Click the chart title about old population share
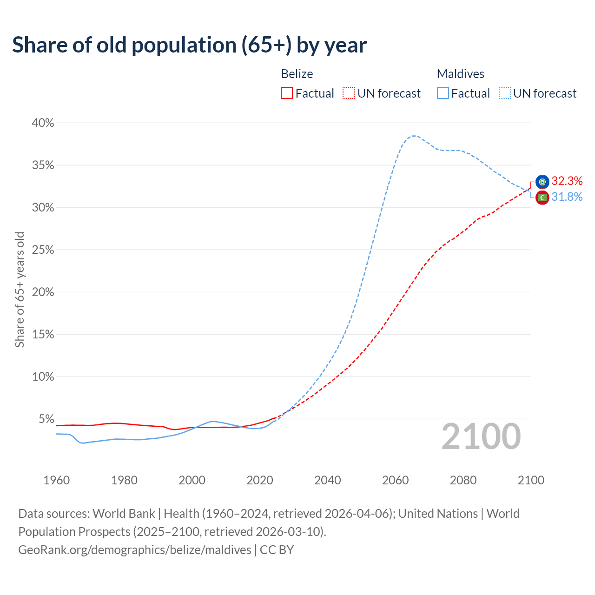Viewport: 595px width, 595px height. (x=189, y=45)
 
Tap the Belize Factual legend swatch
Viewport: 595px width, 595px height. (x=287, y=93)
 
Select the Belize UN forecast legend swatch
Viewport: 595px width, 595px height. (x=349, y=93)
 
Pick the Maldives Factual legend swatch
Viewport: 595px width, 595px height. (x=443, y=93)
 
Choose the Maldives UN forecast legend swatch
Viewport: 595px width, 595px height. (x=504, y=93)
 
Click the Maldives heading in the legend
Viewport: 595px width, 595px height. (x=460, y=74)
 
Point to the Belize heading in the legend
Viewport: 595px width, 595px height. (x=297, y=74)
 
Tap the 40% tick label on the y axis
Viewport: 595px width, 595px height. (x=43, y=123)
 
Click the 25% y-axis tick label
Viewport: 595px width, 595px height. (x=43, y=250)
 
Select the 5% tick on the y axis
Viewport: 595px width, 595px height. (x=46, y=419)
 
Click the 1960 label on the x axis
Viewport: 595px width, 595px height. (x=56, y=480)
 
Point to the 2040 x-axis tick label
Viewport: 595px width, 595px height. (x=328, y=480)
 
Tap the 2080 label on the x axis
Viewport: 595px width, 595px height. (x=463, y=480)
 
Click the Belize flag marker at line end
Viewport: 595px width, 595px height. (x=542, y=182)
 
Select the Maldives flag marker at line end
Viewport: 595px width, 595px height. (x=542, y=198)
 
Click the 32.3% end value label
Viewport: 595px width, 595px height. (x=567, y=181)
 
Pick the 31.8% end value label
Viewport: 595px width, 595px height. (x=567, y=197)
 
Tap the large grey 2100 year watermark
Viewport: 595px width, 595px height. (x=481, y=436)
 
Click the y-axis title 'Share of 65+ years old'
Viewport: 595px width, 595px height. (x=20, y=290)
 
